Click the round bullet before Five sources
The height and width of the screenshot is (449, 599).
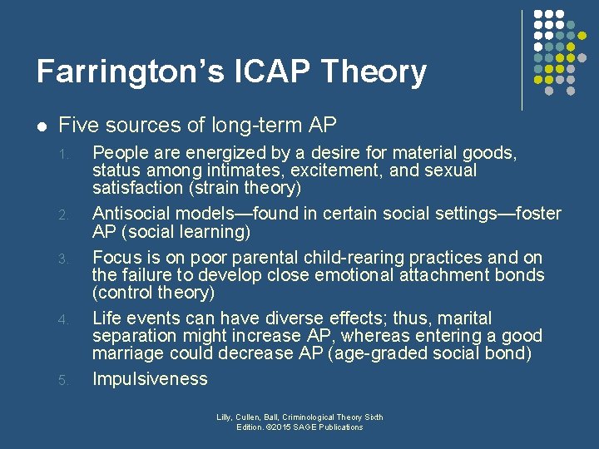pyautogui.click(x=41, y=126)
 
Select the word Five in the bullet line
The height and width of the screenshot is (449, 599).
pyautogui.click(x=77, y=126)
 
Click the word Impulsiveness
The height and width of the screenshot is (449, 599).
pyautogui.click(x=150, y=379)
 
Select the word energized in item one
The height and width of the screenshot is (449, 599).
pyautogui.click(x=215, y=152)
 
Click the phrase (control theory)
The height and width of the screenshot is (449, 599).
pyautogui.click(x=153, y=293)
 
